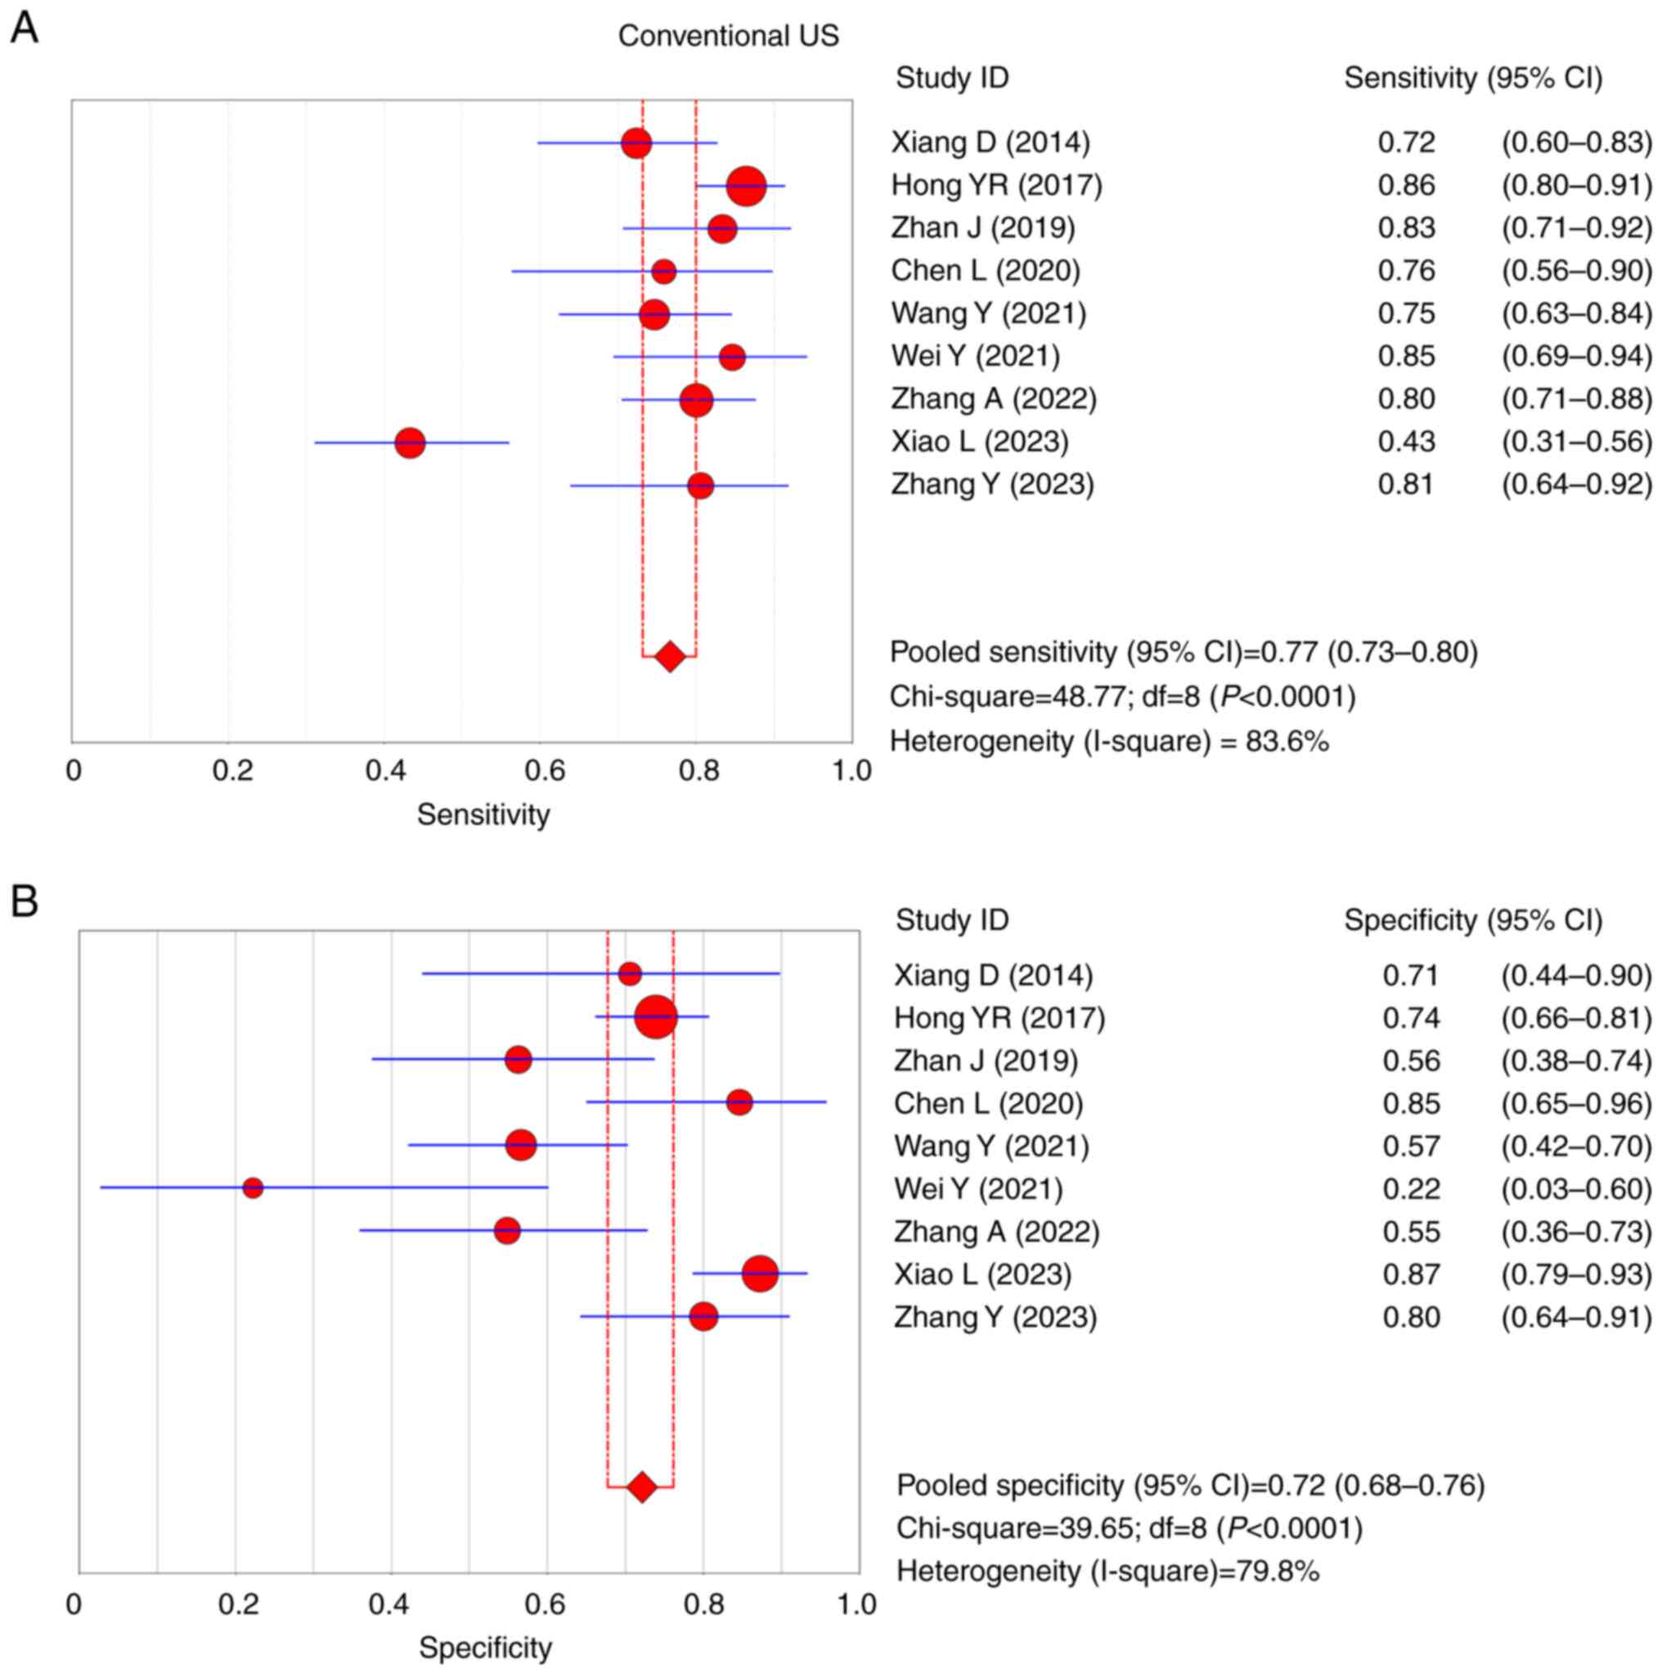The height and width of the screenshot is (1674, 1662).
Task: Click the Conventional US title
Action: coord(728,35)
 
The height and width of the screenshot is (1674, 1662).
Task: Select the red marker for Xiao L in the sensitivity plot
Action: coord(410,442)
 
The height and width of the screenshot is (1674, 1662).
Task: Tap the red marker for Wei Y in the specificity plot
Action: coord(253,1188)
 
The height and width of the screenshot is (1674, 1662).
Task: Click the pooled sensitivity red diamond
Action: coord(670,657)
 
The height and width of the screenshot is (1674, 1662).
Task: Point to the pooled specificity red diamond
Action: coord(641,1488)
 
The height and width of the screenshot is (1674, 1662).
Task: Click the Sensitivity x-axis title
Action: coord(483,815)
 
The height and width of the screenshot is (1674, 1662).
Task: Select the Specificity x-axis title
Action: coord(485,1647)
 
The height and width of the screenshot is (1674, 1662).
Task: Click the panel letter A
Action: coord(25,29)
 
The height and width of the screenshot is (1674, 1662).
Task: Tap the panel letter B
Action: coord(25,902)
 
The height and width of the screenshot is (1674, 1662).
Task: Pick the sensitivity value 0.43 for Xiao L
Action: coord(1406,442)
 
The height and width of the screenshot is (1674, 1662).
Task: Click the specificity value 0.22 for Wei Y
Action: coord(1412,1188)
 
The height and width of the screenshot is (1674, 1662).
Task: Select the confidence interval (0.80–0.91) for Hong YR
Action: coord(1576,186)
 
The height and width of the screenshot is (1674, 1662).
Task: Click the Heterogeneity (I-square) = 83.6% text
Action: coord(1109,742)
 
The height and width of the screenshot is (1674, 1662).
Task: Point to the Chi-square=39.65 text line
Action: coord(1129,1528)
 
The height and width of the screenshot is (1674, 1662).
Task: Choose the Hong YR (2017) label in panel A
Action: coord(996,186)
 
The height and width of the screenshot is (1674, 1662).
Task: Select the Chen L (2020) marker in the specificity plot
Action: coord(739,1103)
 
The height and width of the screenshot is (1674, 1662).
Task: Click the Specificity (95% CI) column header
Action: coord(1473,920)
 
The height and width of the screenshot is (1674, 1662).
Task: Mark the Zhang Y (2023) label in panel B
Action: coord(995,1317)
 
